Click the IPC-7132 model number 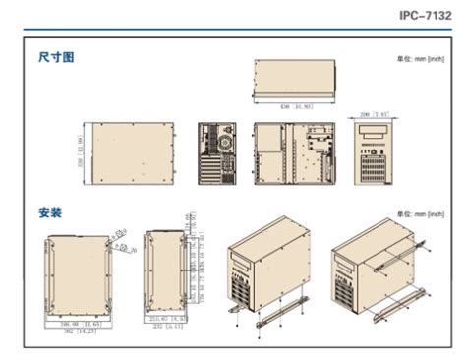tap(426, 16)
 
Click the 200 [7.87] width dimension tap(375, 114)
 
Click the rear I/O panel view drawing tap(217, 154)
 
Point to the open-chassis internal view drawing tap(295, 154)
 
